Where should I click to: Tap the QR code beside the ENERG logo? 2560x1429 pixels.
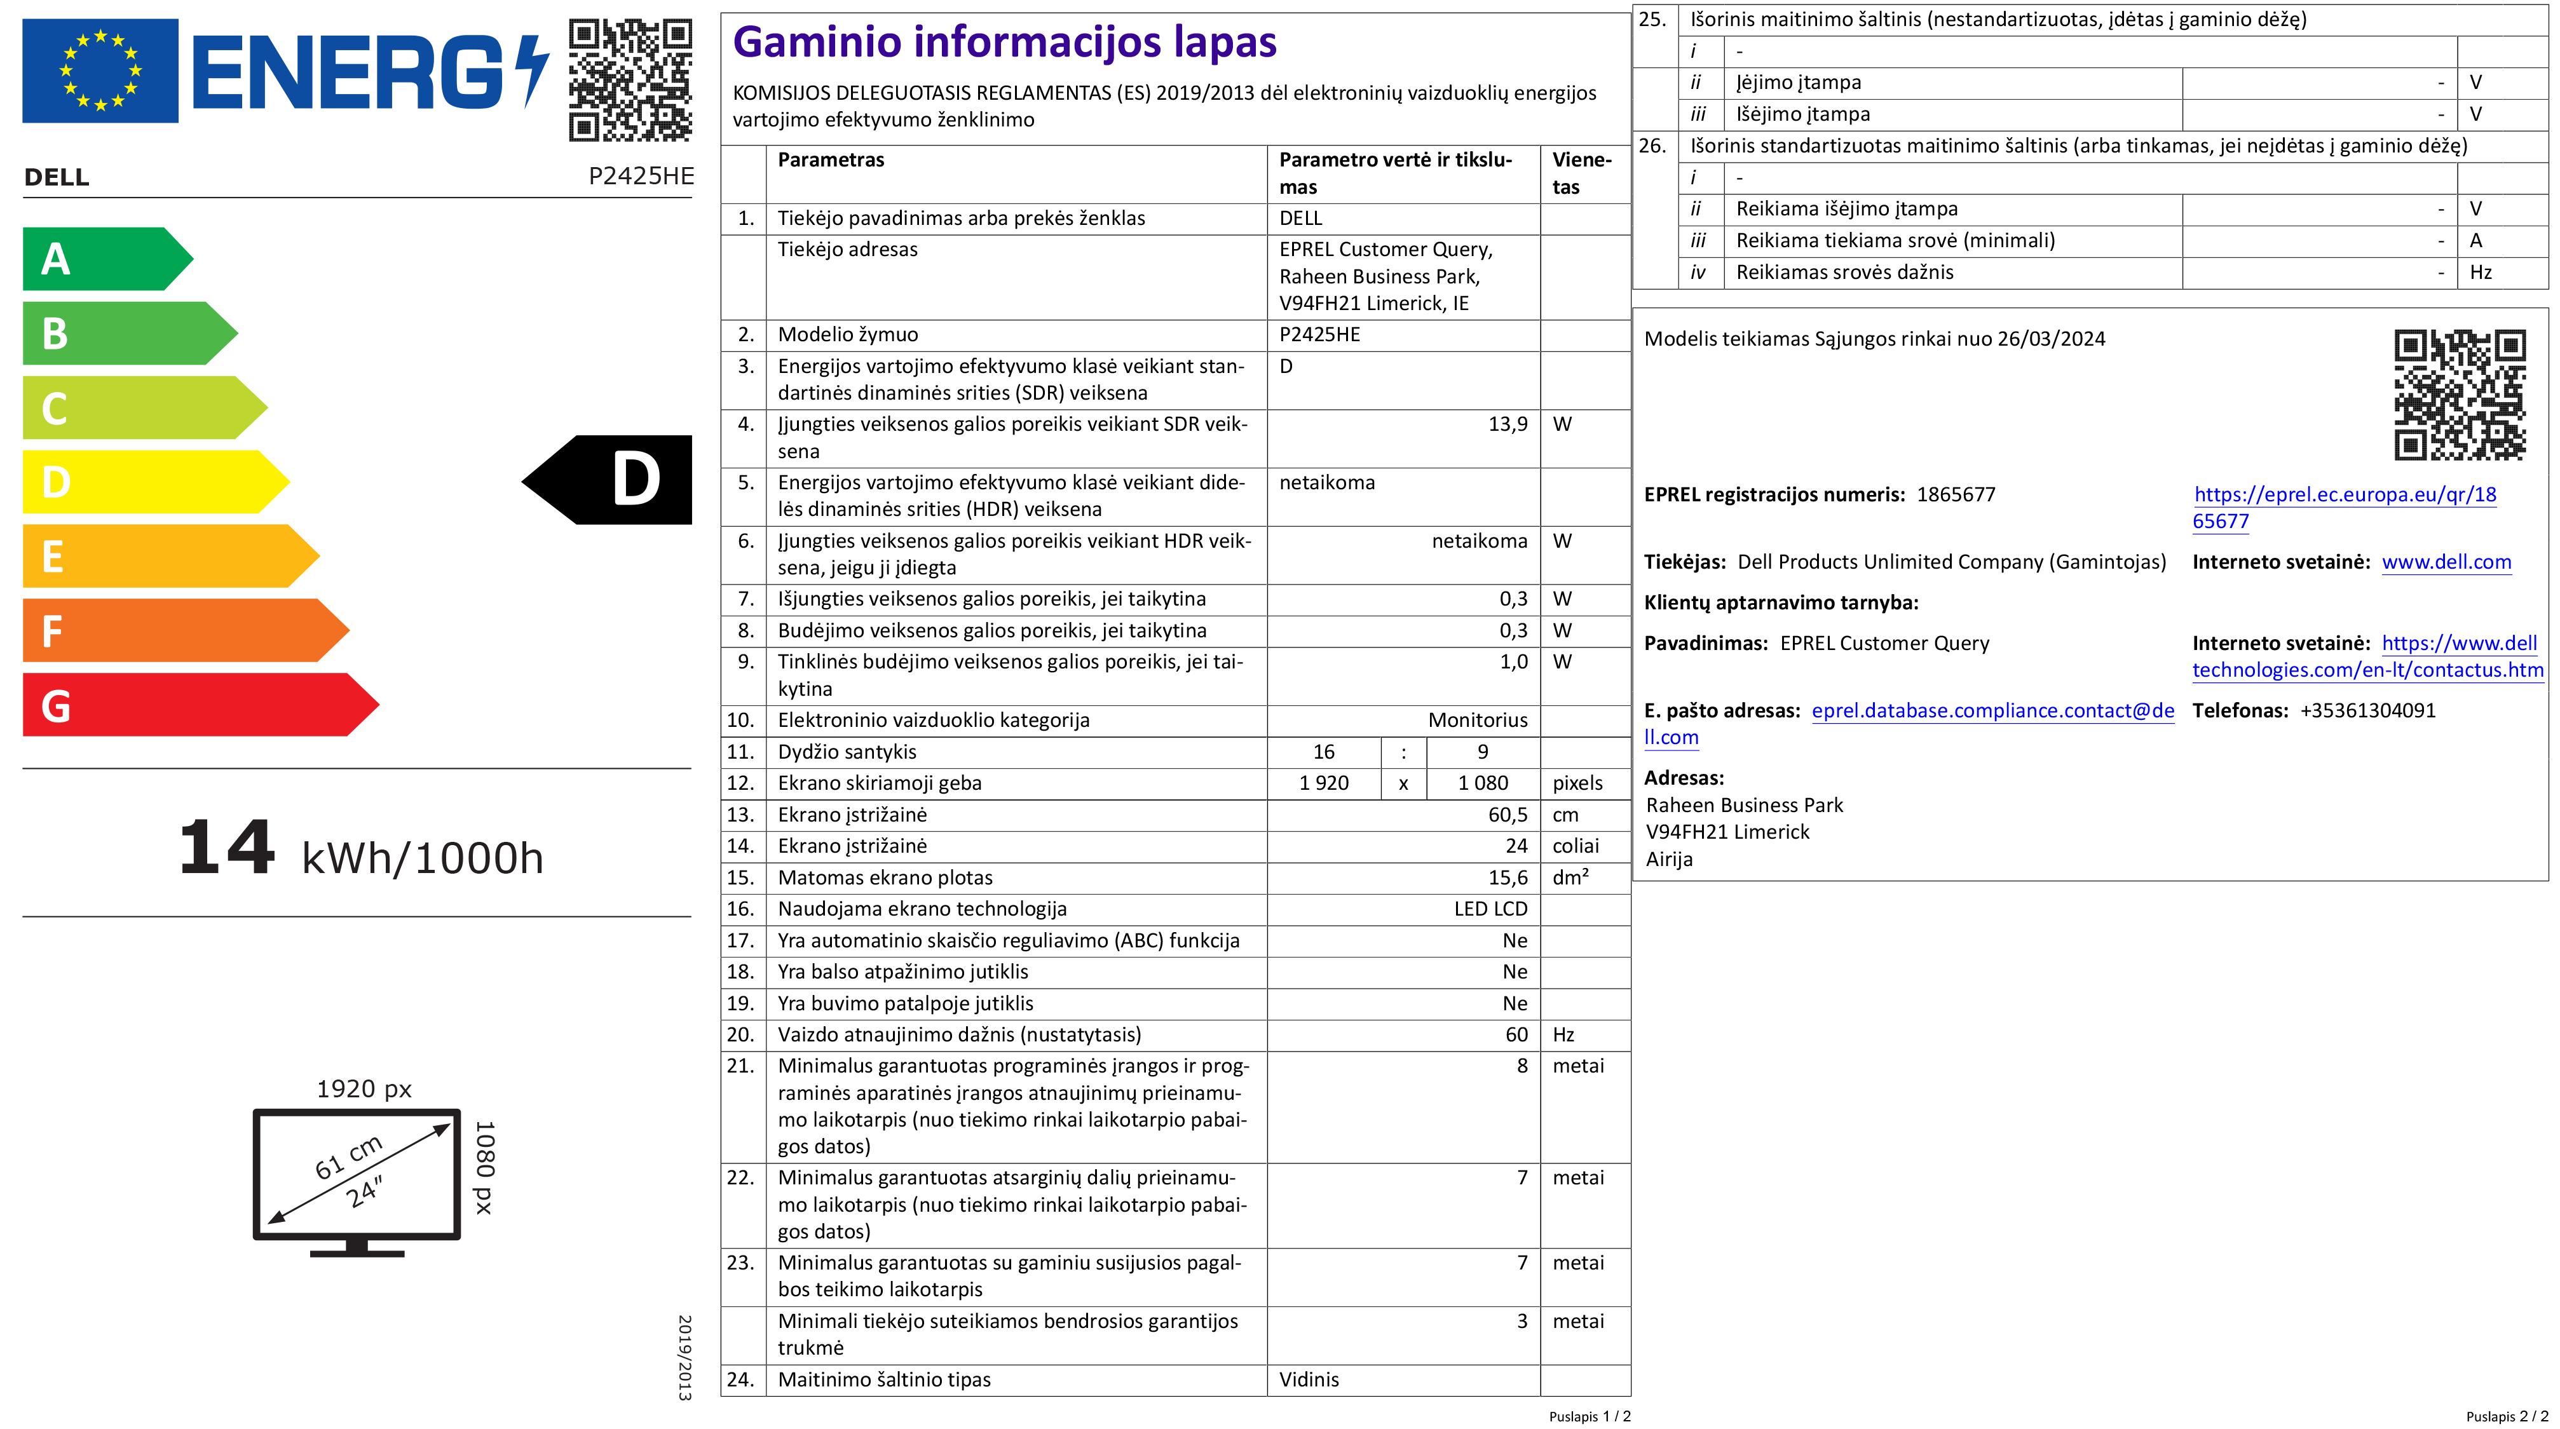(630, 79)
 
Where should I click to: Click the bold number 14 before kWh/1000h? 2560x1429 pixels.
(227, 848)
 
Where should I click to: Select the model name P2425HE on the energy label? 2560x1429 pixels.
(641, 176)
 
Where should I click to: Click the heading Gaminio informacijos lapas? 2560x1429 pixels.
(1004, 43)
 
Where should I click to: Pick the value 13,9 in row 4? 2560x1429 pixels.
(1507, 424)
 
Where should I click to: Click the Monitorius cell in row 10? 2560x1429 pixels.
(1477, 721)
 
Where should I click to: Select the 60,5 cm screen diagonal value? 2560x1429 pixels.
(1507, 815)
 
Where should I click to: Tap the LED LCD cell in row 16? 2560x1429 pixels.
(1490, 909)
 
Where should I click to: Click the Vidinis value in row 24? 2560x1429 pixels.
(1308, 1379)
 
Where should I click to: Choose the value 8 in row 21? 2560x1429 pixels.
(1522, 1066)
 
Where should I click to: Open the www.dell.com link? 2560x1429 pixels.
(2446, 562)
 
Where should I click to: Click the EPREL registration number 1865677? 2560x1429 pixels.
(1955, 495)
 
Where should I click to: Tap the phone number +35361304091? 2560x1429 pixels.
(2367, 710)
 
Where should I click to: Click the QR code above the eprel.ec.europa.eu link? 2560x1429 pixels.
(2459, 395)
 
